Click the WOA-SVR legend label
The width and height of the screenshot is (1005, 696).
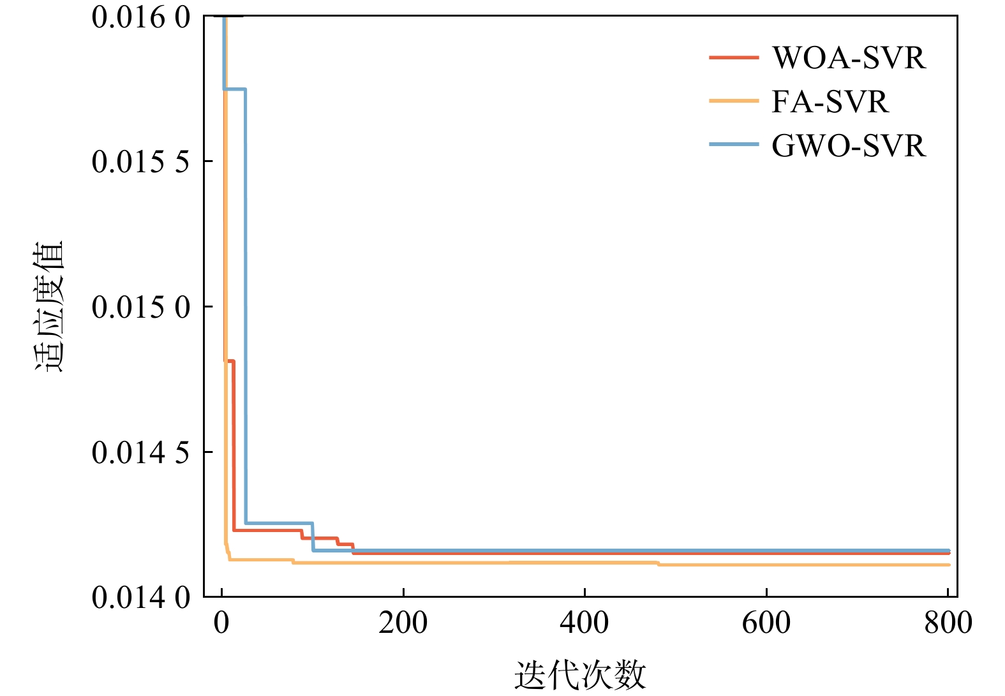click(848, 58)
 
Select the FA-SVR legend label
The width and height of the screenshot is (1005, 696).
click(830, 102)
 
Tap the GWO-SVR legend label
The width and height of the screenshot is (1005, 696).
click(848, 146)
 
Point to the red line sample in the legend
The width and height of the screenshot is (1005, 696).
click(734, 57)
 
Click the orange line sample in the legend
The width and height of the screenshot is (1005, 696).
click(734, 101)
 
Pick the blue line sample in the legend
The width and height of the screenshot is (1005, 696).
click(734, 145)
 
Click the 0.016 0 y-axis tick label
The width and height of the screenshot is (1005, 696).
click(141, 17)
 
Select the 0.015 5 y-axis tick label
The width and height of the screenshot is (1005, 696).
click(141, 162)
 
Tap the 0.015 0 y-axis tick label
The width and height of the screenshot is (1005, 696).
click(141, 307)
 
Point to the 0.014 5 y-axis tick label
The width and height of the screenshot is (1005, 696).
click(141, 453)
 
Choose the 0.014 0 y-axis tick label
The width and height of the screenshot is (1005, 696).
click(141, 598)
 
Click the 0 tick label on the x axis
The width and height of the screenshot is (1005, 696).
click(221, 623)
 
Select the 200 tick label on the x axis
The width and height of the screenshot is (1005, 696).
click(403, 623)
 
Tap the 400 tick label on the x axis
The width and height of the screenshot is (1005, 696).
click(584, 623)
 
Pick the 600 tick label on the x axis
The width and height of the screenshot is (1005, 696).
click(766, 623)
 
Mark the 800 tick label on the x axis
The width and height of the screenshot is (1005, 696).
click(948, 623)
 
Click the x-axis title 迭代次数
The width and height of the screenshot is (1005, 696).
click(580, 675)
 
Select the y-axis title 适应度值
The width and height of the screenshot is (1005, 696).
click(49, 306)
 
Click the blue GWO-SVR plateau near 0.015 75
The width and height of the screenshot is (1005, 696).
click(234, 89)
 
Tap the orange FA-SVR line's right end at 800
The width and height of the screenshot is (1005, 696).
click(948, 565)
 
